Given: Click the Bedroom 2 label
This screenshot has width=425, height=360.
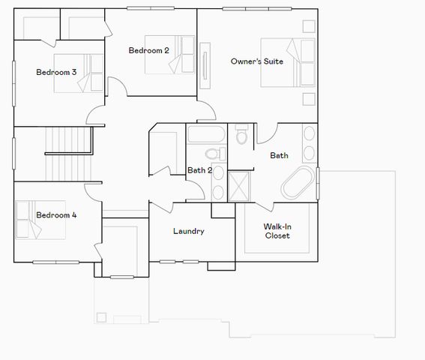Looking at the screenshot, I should (148, 51).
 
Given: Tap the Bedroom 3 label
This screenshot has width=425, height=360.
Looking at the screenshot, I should (56, 72).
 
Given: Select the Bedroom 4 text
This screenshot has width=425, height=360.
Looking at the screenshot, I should (56, 215).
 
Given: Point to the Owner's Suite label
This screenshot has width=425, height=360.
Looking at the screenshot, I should (256, 61).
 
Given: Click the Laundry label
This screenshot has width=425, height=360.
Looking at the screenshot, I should (188, 231).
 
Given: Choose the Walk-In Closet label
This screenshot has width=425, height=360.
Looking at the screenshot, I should (277, 230).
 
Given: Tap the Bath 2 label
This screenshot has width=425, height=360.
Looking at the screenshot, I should (199, 170).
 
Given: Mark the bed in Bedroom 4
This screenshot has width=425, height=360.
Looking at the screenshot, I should (34, 219).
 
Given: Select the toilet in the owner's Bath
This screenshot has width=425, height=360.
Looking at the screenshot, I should (241, 136).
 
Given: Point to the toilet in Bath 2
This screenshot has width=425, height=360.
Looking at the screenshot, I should (213, 154).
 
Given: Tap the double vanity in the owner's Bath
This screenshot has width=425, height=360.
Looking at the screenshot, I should (309, 145).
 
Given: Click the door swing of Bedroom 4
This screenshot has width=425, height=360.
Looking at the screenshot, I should (91, 188).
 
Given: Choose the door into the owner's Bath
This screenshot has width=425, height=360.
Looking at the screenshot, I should (266, 132).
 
